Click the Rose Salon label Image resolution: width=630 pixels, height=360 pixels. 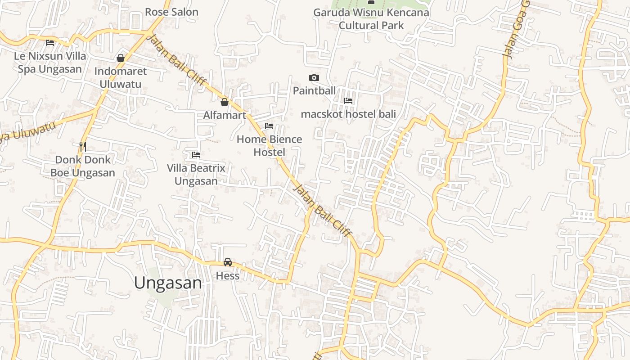[x=171, y=12]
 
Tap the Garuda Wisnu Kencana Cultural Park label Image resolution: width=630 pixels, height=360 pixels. [x=371, y=19]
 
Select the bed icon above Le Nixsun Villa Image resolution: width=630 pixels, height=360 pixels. [x=50, y=43]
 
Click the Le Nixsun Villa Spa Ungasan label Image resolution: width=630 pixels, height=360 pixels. [x=50, y=63]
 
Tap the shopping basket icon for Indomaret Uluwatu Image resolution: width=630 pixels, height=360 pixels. [x=121, y=58]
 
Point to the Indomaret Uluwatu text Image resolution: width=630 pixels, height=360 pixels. [x=120, y=77]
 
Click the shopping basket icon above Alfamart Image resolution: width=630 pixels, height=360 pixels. [x=225, y=102]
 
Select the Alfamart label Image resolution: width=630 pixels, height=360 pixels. [x=225, y=115]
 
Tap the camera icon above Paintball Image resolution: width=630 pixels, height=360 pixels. [x=314, y=78]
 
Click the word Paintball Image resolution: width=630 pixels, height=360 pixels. [x=314, y=90]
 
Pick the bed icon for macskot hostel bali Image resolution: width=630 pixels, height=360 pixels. [x=348, y=101]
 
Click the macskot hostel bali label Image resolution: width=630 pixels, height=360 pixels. [x=348, y=114]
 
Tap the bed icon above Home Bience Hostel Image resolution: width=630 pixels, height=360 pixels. [x=269, y=126]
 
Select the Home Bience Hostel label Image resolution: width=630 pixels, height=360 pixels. [x=269, y=145]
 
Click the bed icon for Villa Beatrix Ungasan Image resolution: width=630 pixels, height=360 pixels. [x=196, y=155]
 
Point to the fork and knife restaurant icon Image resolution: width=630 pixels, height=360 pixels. [x=82, y=146]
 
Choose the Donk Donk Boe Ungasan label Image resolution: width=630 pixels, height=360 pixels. [x=82, y=166]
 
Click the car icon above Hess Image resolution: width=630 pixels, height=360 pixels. [x=228, y=262]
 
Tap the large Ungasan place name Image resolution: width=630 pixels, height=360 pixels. [x=168, y=283]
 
